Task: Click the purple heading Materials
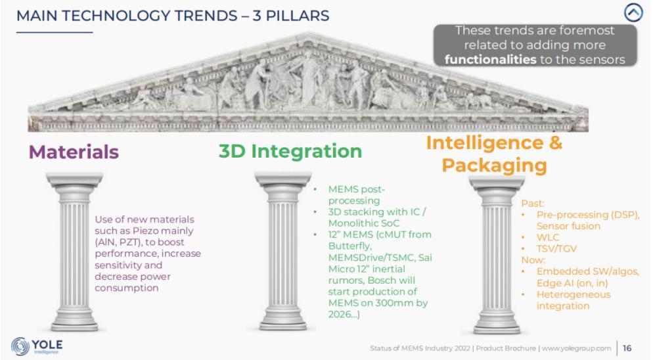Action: pos(74,152)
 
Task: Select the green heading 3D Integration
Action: pos(290,151)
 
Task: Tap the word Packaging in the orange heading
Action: pos(494,165)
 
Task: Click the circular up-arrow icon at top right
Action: pos(633,13)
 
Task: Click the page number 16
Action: pos(627,348)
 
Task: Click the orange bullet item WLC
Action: pos(549,237)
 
